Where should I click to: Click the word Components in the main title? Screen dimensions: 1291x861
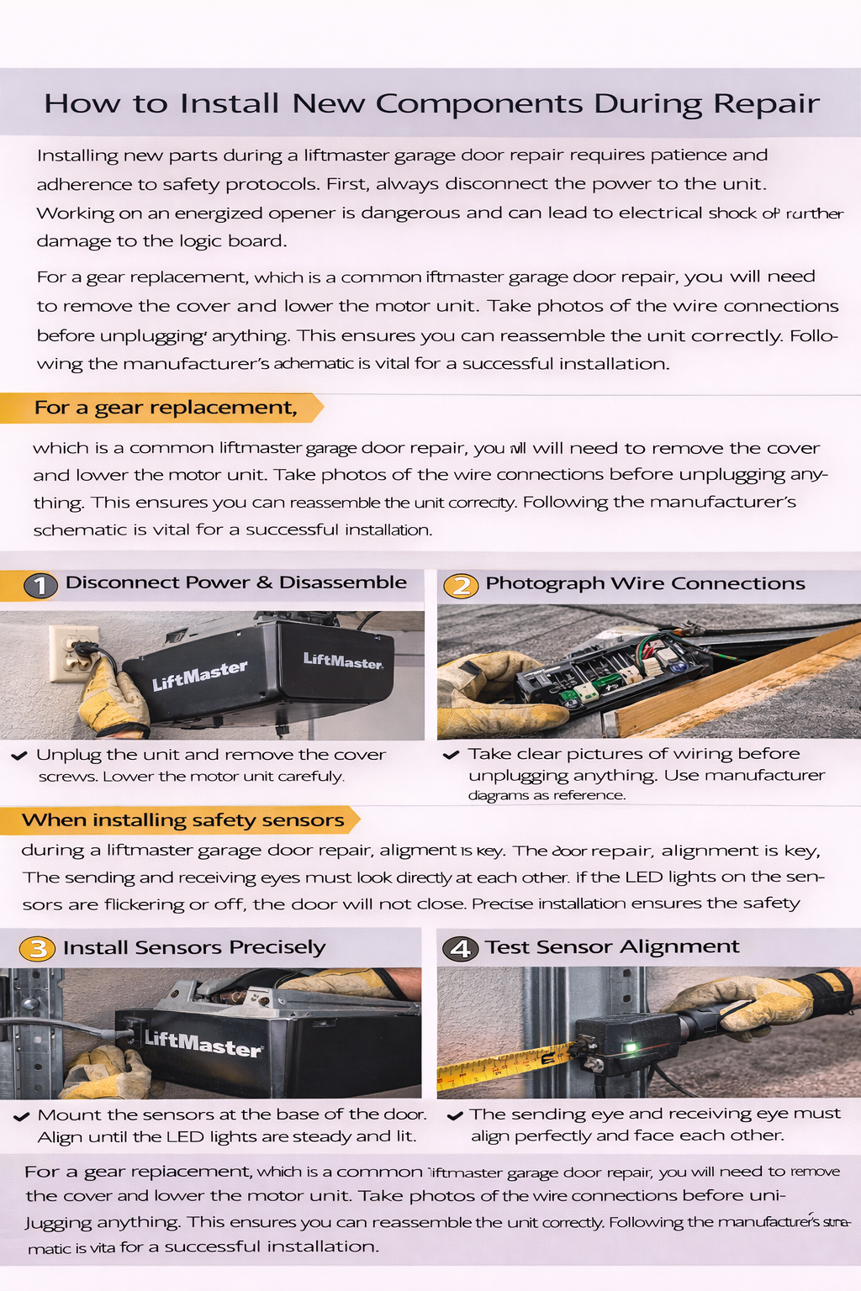pyautogui.click(x=479, y=104)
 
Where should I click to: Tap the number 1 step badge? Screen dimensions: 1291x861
pyautogui.click(x=40, y=585)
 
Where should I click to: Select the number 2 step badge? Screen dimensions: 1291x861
pyautogui.click(x=461, y=585)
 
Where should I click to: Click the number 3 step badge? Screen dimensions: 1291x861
pyautogui.click(x=38, y=949)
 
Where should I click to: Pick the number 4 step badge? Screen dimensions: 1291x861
pyautogui.click(x=460, y=949)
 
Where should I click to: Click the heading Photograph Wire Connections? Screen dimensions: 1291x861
pyautogui.click(x=645, y=583)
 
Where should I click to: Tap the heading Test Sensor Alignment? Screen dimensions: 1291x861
pyautogui.click(x=612, y=947)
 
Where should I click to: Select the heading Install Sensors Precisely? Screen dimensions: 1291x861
pyautogui.click(x=193, y=948)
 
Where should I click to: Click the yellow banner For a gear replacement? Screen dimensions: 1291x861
pyautogui.click(x=165, y=408)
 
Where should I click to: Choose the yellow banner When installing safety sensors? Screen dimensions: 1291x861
pyautogui.click(x=182, y=820)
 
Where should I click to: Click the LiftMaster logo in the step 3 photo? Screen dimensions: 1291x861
pyautogui.click(x=203, y=1042)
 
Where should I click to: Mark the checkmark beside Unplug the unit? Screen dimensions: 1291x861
pyautogui.click(x=19, y=756)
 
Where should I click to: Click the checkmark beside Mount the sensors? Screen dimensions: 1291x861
pyautogui.click(x=22, y=1117)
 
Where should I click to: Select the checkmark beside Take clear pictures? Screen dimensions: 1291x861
pyautogui.click(x=452, y=755)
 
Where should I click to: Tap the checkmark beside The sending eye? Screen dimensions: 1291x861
pyautogui.click(x=455, y=1116)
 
